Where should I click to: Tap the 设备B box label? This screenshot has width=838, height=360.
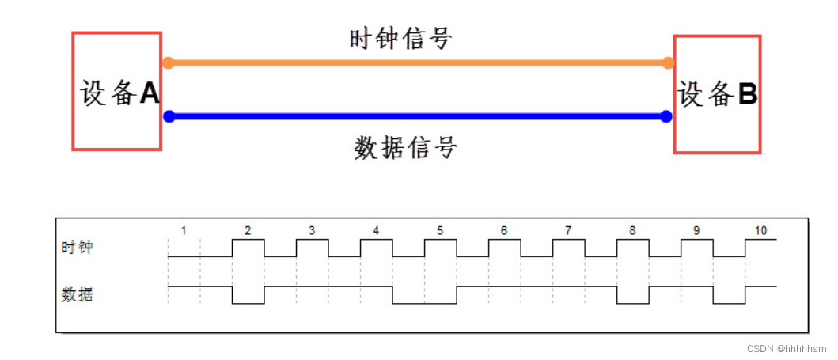(717, 95)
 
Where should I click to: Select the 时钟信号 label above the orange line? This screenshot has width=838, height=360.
(400, 38)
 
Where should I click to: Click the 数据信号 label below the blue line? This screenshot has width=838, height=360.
(405, 147)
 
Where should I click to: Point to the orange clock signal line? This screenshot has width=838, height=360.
(418, 63)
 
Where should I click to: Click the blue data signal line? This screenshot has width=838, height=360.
(418, 116)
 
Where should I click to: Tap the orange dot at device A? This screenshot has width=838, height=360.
(168, 63)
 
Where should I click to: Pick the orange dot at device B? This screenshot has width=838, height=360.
(669, 63)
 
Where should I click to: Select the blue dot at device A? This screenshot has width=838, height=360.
(169, 116)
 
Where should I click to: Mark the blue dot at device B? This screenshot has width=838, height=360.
(666, 116)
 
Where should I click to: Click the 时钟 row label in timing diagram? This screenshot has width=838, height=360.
(78, 247)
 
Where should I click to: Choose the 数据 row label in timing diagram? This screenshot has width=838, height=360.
(78, 294)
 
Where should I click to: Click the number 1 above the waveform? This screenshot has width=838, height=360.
(184, 231)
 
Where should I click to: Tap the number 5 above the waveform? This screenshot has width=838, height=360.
(440, 231)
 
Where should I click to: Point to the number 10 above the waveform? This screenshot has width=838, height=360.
(760, 231)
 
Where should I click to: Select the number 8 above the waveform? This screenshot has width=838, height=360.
(632, 231)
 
